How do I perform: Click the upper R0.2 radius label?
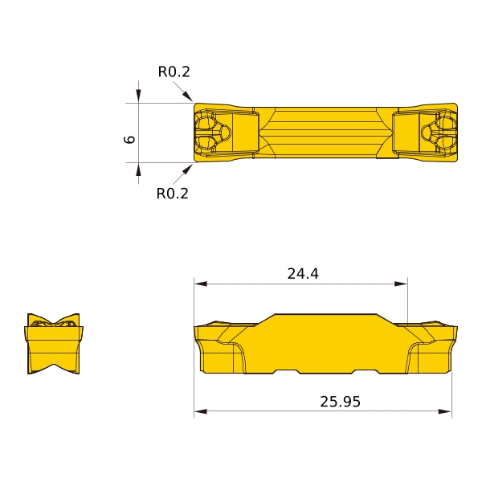174,72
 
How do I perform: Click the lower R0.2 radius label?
173,194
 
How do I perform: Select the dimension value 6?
129,139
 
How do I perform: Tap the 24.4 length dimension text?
303,274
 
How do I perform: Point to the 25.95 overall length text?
340,402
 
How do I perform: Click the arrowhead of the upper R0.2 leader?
187,96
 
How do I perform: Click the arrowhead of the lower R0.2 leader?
187,169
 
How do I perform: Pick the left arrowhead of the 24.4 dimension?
200,284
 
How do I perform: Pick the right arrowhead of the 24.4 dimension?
401,284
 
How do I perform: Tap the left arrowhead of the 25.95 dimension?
200,411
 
